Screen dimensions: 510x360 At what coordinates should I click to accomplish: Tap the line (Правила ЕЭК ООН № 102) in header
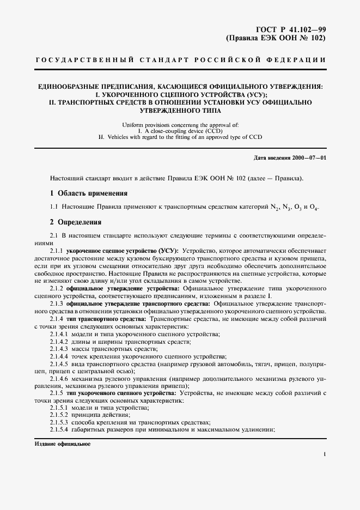pyautogui.click(x=276, y=39)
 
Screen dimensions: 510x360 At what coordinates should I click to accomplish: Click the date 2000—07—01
pyautogui.click(x=308, y=158)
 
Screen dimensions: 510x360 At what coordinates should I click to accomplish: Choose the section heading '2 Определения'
pyautogui.click(x=75, y=222)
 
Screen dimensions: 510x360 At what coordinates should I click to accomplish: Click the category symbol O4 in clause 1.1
pyautogui.click(x=314, y=208)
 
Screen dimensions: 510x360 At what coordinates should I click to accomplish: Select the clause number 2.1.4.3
pyautogui.click(x=59, y=348)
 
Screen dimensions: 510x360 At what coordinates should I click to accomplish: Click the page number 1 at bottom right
pyautogui.click(x=325, y=453)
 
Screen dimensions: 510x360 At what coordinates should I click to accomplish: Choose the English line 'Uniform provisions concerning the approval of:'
pyautogui.click(x=180, y=125)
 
